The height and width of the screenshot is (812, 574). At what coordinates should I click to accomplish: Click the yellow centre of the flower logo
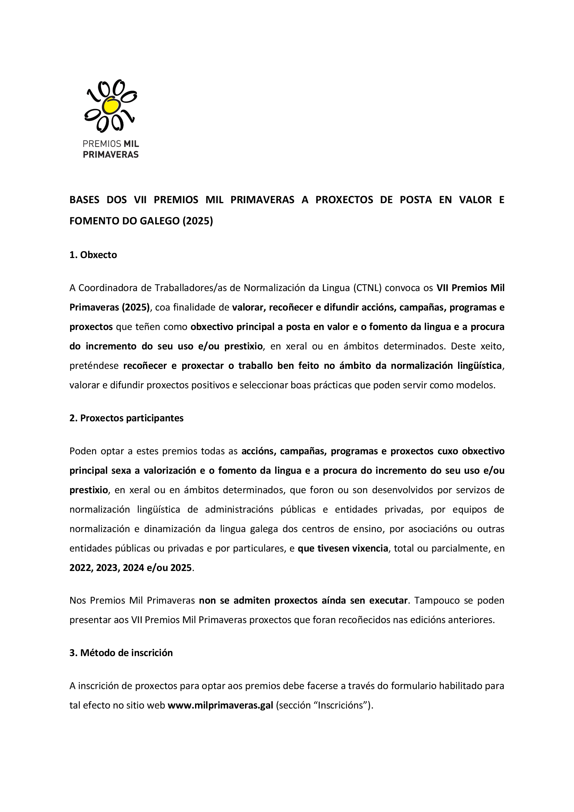[111, 106]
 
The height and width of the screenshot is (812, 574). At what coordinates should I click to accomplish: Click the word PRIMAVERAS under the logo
[111, 155]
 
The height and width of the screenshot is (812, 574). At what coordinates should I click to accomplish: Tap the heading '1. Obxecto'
[93, 255]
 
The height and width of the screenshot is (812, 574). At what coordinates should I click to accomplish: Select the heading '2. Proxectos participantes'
[126, 418]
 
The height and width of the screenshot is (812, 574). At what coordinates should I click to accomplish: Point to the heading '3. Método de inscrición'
[121, 653]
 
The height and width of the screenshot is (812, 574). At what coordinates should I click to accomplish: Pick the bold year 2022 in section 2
[81, 567]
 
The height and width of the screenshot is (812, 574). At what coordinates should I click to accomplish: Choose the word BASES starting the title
[84, 200]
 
